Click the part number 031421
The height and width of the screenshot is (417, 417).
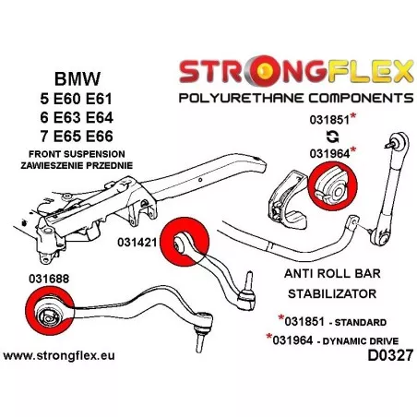point(137,243)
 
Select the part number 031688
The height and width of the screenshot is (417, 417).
point(49,279)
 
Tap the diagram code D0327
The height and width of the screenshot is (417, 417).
point(390,356)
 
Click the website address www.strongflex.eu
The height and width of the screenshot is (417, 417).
point(59,355)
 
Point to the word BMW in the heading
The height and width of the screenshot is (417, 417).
point(77,78)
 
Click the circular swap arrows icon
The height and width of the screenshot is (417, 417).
point(332,137)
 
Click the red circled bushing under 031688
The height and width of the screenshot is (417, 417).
point(50,311)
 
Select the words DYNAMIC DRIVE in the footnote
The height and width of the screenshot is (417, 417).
point(361,341)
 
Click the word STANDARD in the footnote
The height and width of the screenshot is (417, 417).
point(360,322)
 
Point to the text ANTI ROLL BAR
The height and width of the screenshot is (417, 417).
point(332,273)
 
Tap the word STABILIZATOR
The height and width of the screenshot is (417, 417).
point(332,293)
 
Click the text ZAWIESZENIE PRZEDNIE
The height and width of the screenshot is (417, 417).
point(77,165)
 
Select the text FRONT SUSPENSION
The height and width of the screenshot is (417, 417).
point(77,154)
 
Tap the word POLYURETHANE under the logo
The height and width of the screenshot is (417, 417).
point(241,98)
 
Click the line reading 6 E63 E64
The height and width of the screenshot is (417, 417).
point(77,117)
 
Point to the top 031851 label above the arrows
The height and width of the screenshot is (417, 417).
point(329,120)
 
